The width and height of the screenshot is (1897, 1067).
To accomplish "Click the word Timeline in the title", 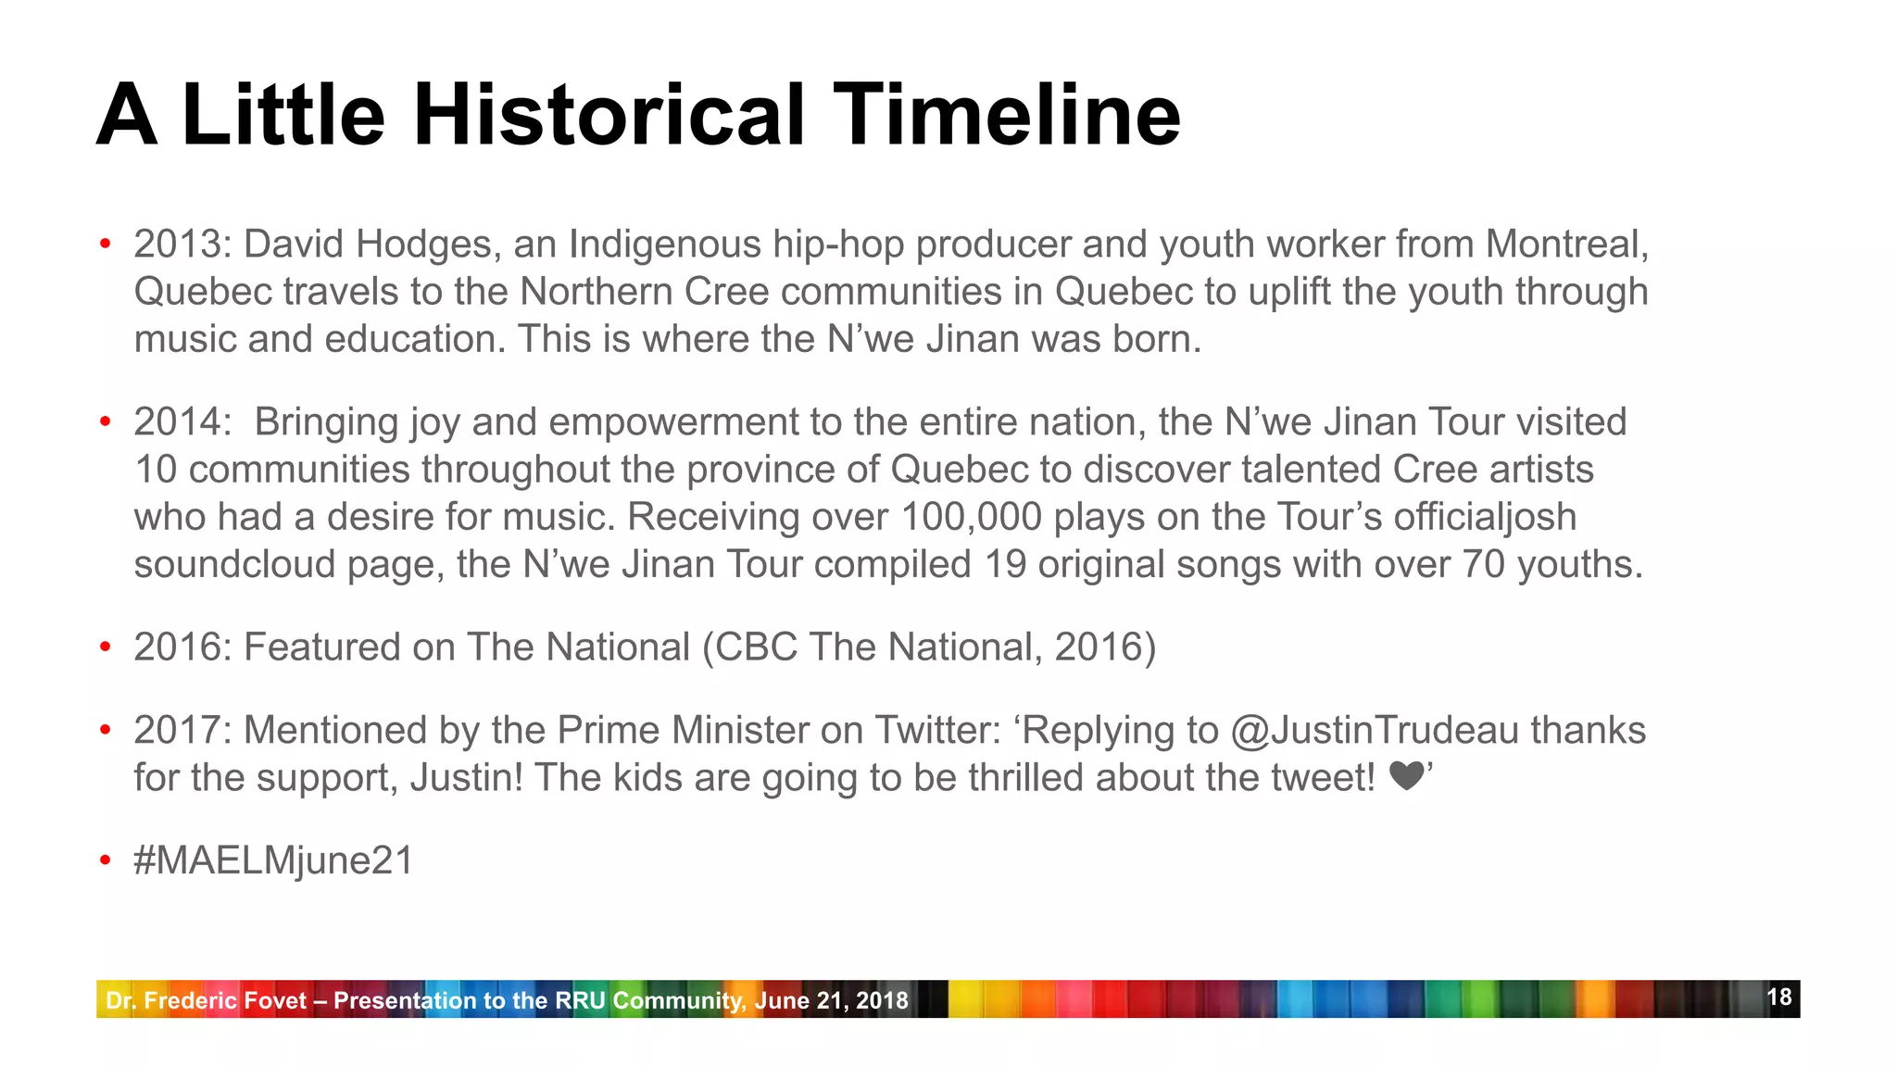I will [1007, 115].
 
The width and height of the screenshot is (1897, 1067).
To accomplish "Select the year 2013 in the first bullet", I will [182, 245].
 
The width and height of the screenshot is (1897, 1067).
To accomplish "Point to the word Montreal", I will [1566, 245].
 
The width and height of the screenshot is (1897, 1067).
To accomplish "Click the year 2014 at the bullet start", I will [182, 422].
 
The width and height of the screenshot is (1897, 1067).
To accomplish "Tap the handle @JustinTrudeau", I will [1375, 731].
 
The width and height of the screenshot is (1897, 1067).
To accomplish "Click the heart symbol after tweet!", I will [1406, 776].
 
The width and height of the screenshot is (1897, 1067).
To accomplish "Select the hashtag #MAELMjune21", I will [273, 860].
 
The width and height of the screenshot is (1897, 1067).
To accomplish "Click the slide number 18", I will [1779, 998].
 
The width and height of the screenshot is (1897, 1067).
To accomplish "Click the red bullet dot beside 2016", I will [106, 647].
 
